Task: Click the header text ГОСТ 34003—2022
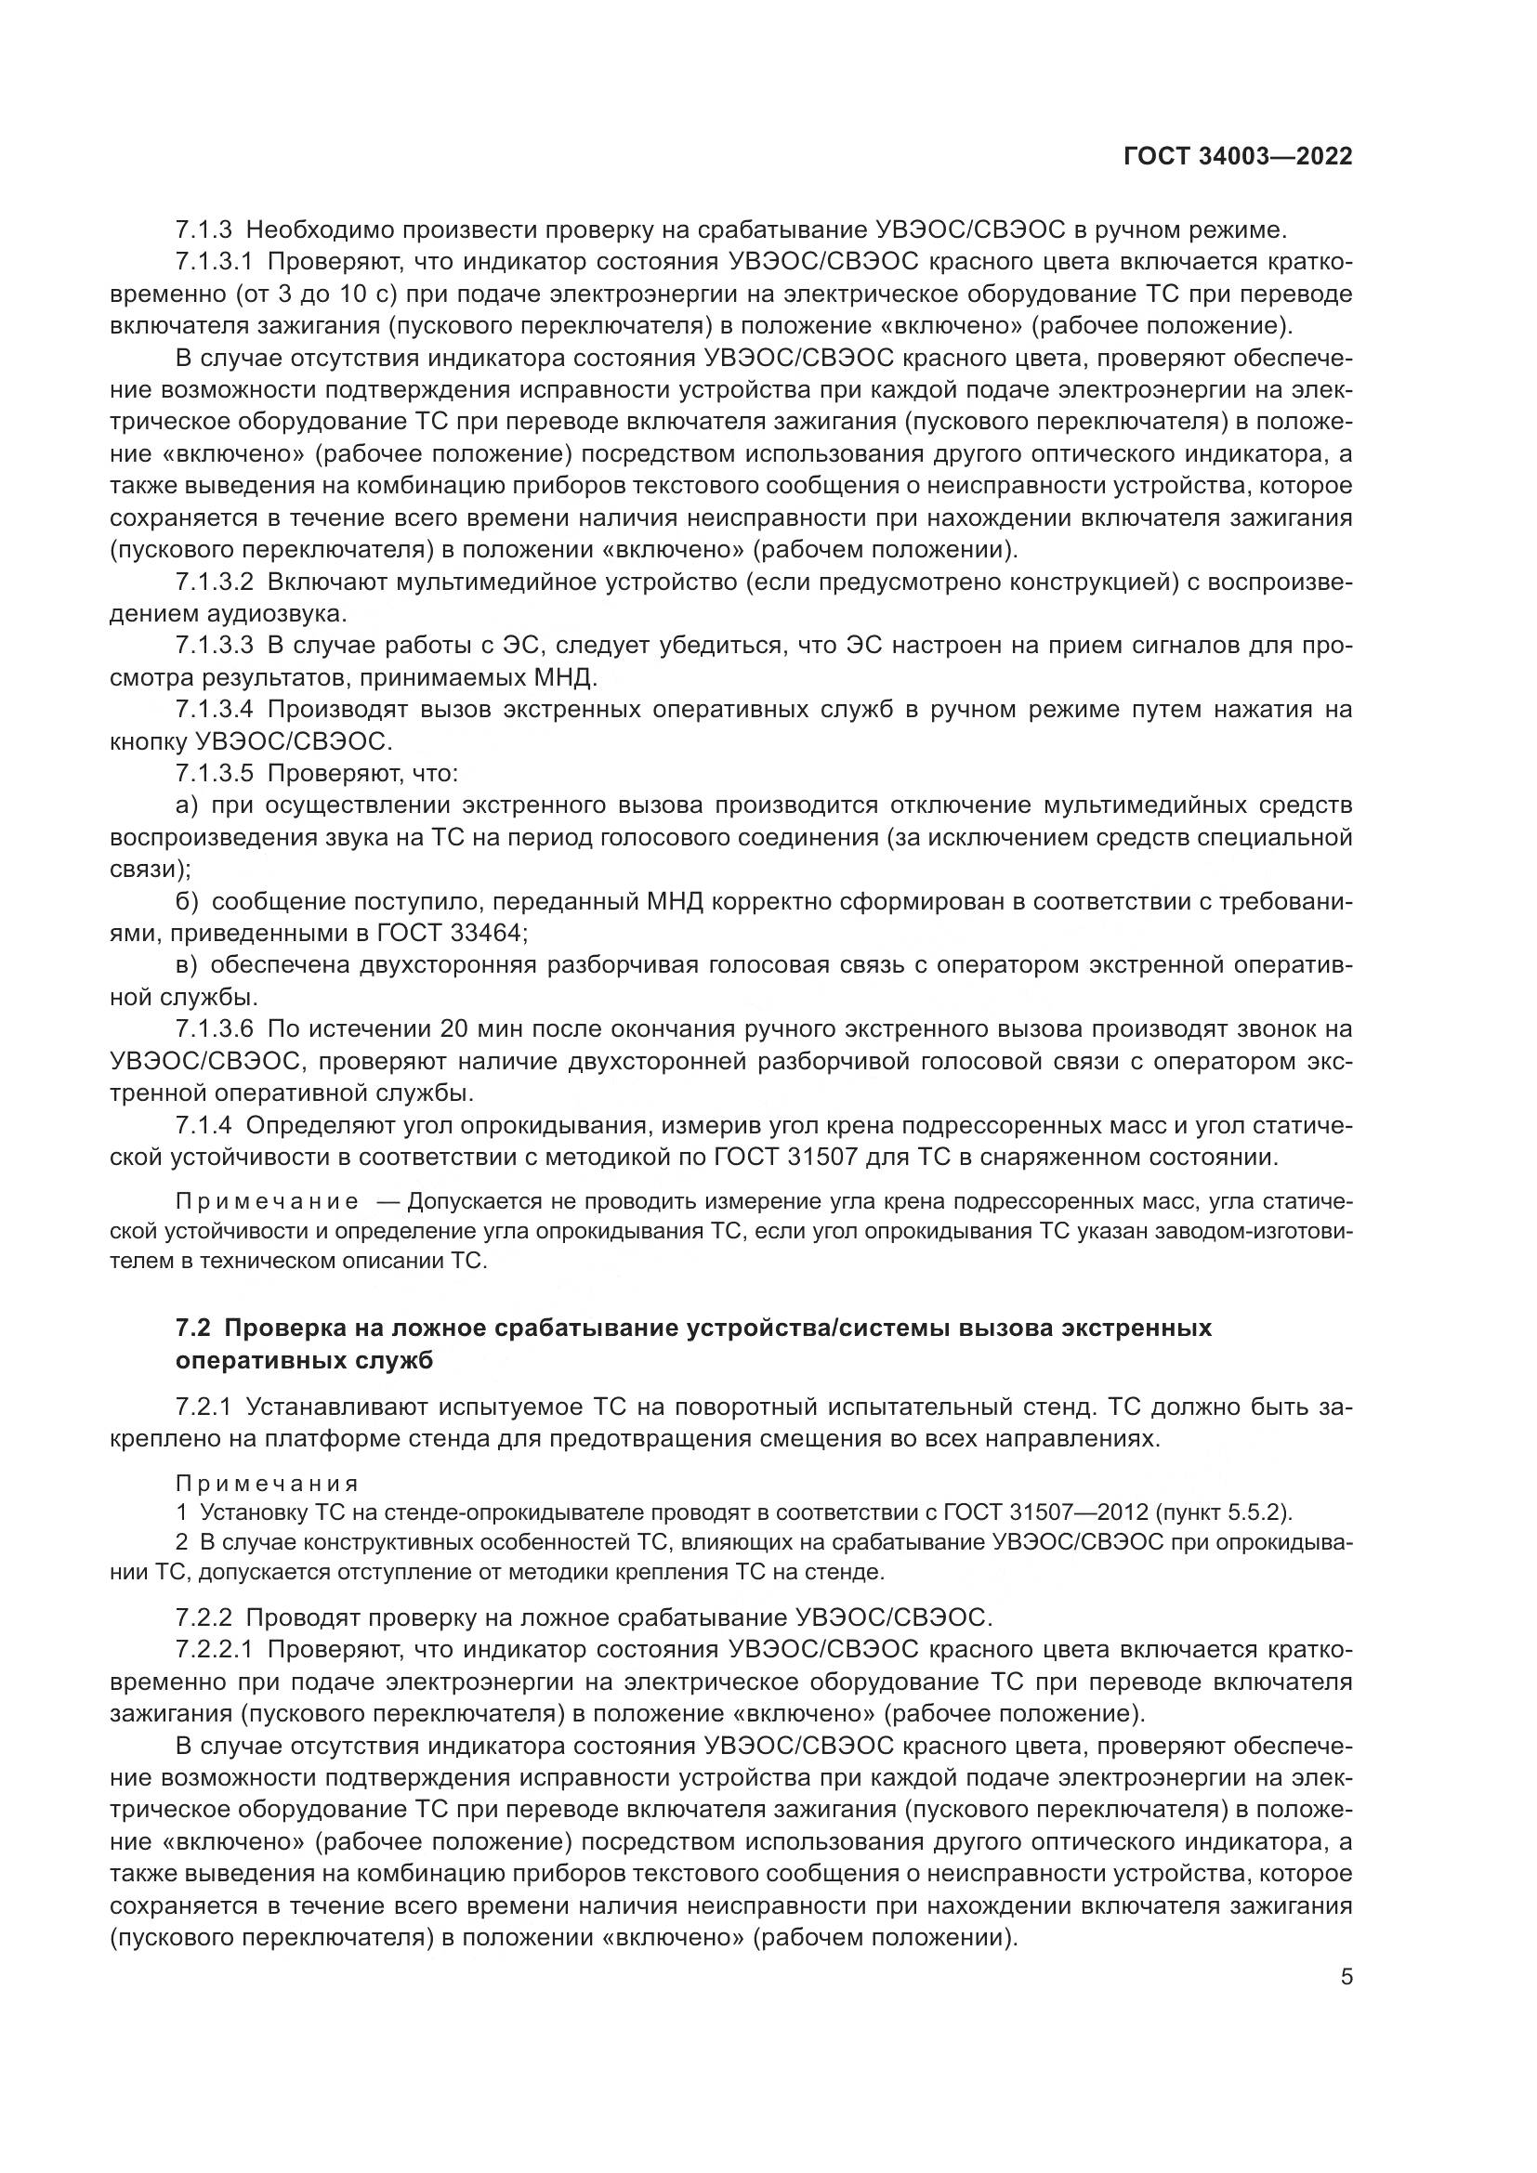pyautogui.click(x=1237, y=156)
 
